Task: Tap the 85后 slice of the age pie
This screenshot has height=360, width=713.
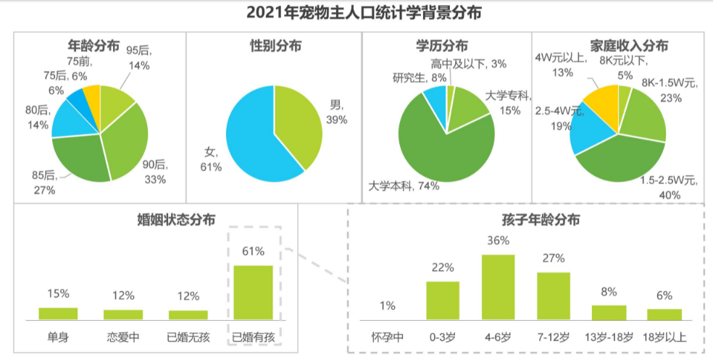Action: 78,155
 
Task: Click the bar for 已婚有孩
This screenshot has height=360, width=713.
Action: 253,292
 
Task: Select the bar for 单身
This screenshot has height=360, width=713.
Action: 58,313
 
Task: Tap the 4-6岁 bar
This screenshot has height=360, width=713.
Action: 499,287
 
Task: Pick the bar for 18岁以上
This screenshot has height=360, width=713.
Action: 664,314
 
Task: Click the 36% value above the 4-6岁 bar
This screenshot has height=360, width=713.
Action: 499,240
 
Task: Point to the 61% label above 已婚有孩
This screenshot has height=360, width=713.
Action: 253,251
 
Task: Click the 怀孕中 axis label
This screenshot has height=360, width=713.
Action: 387,337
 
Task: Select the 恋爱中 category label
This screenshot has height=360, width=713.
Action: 123,337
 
